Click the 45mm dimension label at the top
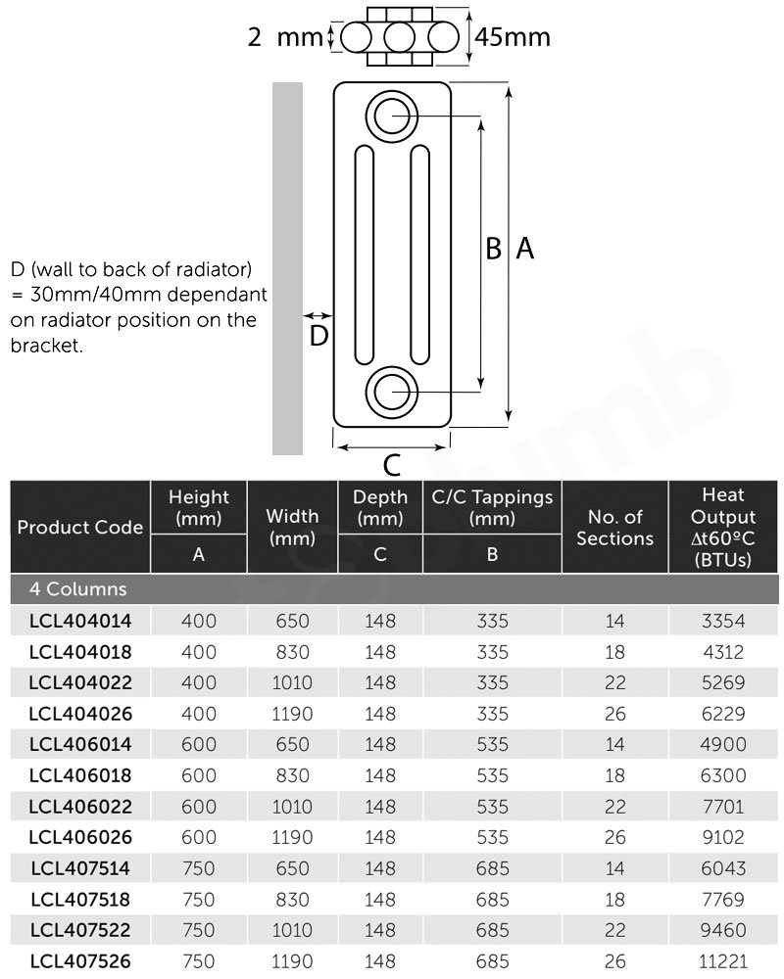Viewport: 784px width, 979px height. (512, 37)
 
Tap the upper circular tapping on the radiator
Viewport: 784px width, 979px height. (392, 116)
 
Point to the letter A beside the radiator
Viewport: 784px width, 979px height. (524, 249)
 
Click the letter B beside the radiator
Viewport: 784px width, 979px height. (494, 249)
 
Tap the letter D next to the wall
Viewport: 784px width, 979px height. (318, 336)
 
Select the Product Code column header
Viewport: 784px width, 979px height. (79, 527)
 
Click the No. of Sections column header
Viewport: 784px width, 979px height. (614, 528)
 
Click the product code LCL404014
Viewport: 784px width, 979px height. (79, 621)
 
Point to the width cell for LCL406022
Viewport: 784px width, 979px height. (292, 807)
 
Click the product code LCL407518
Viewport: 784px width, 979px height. (79, 899)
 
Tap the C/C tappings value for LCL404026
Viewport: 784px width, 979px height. (492, 714)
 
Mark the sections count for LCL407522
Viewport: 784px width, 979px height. (614, 930)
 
